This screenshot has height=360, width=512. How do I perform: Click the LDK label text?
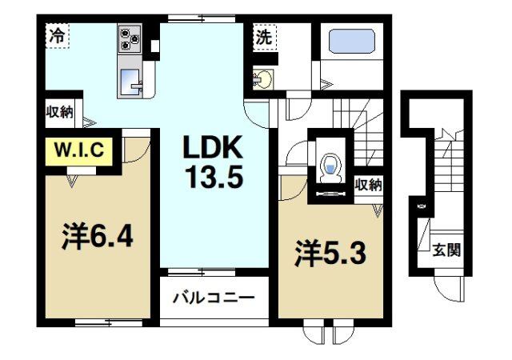[213, 148]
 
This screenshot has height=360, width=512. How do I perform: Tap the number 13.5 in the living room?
[213, 176]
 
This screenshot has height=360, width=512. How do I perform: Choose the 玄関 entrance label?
[446, 250]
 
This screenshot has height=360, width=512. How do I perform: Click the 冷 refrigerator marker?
[56, 36]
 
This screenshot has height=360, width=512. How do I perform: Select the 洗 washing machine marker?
[264, 36]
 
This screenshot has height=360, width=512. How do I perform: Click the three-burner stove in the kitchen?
[130, 38]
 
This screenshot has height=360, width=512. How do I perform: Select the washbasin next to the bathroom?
[262, 78]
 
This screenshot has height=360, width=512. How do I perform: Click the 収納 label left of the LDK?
[58, 113]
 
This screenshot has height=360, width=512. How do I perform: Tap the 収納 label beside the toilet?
[369, 185]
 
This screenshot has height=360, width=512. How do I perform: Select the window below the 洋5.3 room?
[330, 330]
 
